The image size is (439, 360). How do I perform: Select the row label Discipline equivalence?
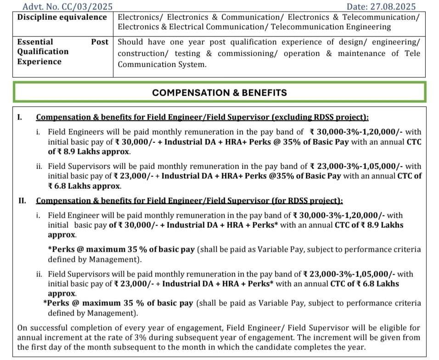pos(62,17)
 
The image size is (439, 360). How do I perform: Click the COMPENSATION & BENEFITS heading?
pos(219,92)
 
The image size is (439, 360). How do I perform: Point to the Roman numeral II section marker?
pos(22,201)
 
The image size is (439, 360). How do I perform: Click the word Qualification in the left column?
pos(43,51)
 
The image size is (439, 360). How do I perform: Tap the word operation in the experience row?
pos(302,54)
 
